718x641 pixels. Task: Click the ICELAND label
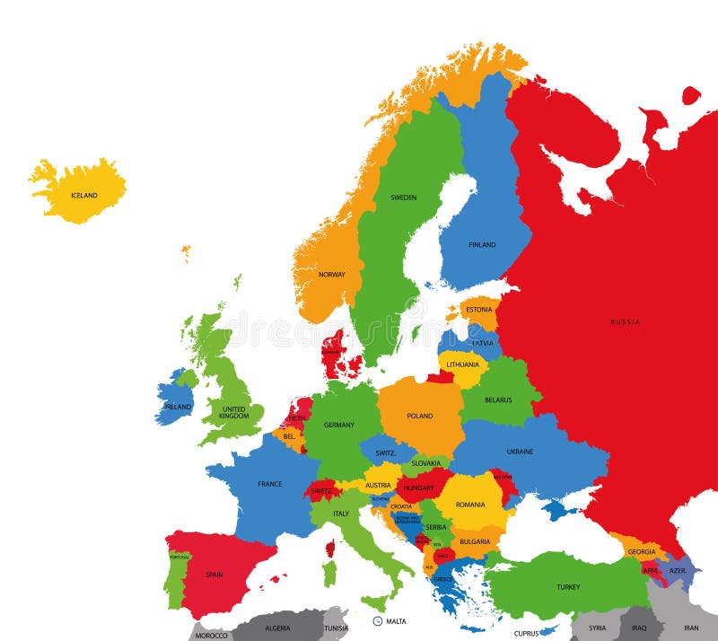coord(83,195)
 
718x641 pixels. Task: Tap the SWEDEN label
coord(403,198)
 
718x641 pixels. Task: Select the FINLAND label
coord(482,244)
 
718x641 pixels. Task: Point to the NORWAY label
coord(331,275)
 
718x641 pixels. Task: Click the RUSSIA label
coord(626,321)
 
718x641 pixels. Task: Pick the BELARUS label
coord(498,400)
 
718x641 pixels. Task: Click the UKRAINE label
coord(520,452)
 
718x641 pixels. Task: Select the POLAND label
coord(419,416)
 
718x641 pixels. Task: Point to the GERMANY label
coord(339,425)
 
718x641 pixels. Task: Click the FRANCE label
coord(270,484)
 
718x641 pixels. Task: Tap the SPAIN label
coord(214,575)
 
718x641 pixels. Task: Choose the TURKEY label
coord(568,587)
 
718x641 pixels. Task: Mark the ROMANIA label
coord(470,505)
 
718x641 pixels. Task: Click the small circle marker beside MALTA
coord(378,620)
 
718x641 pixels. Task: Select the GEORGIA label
coord(641,551)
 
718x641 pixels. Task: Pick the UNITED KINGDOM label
coord(234,412)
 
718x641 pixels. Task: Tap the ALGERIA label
coord(276,628)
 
